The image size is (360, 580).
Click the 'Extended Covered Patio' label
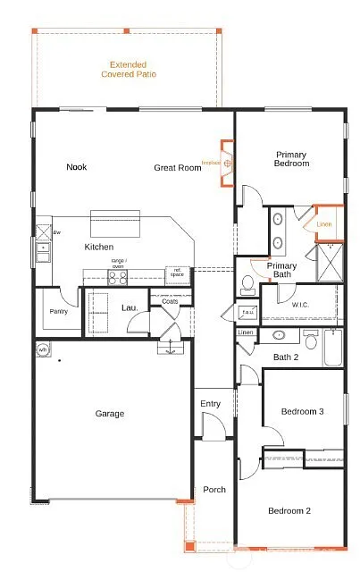tap(132, 70)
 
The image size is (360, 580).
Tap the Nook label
tap(76, 167)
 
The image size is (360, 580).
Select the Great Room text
tap(177, 167)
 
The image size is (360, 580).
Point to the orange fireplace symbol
tap(229, 164)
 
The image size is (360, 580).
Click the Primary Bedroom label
tap(292, 159)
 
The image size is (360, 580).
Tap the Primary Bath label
tap(282, 270)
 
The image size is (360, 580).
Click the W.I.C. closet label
tap(300, 305)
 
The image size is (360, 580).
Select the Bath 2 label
tap(286, 357)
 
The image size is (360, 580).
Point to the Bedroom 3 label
tap(301, 411)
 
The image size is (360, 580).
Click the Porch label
tap(214, 490)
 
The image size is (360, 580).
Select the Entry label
tap(210, 404)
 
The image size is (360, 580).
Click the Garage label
tap(109, 414)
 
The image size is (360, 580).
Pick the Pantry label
tap(58, 312)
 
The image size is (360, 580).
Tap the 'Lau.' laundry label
tap(129, 308)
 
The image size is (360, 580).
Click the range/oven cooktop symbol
tap(118, 277)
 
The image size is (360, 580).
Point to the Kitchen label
tap(99, 247)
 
